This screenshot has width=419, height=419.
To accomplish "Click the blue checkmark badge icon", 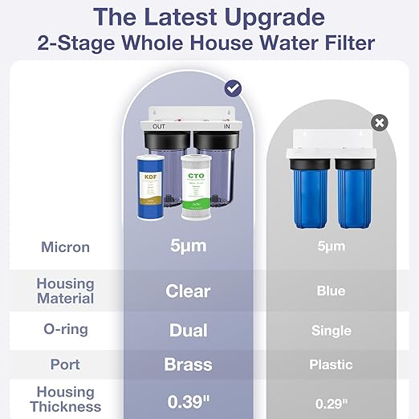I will pos(234,88).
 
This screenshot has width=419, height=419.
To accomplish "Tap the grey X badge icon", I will pos(380,123).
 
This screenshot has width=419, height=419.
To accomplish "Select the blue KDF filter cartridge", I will pos(149,184).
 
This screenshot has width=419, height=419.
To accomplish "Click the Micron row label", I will pos(65,246).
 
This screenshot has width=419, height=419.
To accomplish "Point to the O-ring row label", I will pos(65,330).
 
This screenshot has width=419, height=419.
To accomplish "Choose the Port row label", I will pos(65,364).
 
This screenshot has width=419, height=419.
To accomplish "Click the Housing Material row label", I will pos(65,291).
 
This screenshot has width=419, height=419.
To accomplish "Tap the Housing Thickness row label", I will pos(65,399).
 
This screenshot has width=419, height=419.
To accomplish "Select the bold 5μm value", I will pos(187,246).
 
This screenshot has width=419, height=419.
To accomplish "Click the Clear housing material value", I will pos(188,291).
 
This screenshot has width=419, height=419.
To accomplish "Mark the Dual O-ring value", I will pos(188,330).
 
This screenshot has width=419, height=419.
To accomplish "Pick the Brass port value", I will pos(188,364).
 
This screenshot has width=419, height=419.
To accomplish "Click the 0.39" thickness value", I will pos(188,399).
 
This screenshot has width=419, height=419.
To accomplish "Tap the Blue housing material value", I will pos(331,291).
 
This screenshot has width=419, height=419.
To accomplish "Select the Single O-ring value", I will pos(331,330).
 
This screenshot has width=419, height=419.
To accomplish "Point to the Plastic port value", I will pos(331,364).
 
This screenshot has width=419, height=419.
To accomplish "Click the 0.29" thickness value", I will pos(331,399).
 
